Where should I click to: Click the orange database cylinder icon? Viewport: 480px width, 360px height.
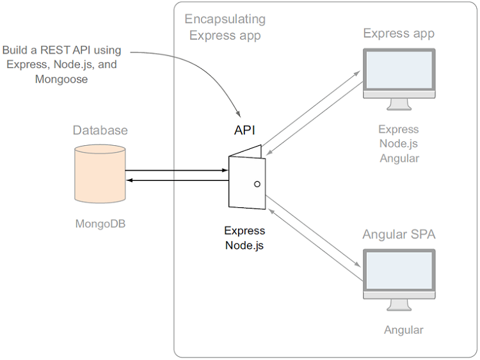(99, 174)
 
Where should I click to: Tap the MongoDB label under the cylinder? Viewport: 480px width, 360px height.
(100, 224)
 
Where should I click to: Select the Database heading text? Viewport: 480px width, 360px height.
(100, 130)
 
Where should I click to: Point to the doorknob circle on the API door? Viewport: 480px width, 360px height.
(257, 184)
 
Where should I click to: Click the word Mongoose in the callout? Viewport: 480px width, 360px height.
(62, 80)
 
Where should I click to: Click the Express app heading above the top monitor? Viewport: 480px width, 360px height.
(399, 33)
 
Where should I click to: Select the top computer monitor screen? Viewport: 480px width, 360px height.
(399, 70)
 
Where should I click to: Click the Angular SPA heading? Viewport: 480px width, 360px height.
(399, 234)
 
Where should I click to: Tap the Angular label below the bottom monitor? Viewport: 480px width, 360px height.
(403, 330)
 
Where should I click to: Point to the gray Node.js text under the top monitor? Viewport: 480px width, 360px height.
(399, 144)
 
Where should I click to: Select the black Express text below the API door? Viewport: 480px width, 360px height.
(244, 231)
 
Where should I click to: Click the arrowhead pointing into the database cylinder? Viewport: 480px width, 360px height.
(129, 180)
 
